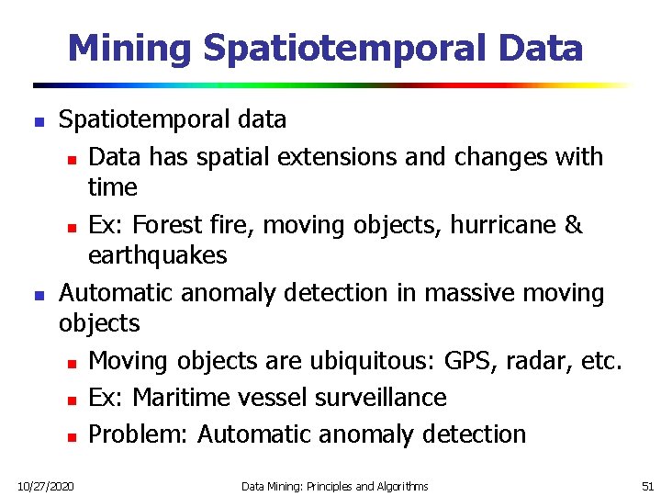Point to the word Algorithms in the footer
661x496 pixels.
[400, 485]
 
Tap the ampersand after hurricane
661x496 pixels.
[574, 225]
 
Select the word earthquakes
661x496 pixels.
[157, 254]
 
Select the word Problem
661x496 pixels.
[139, 434]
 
